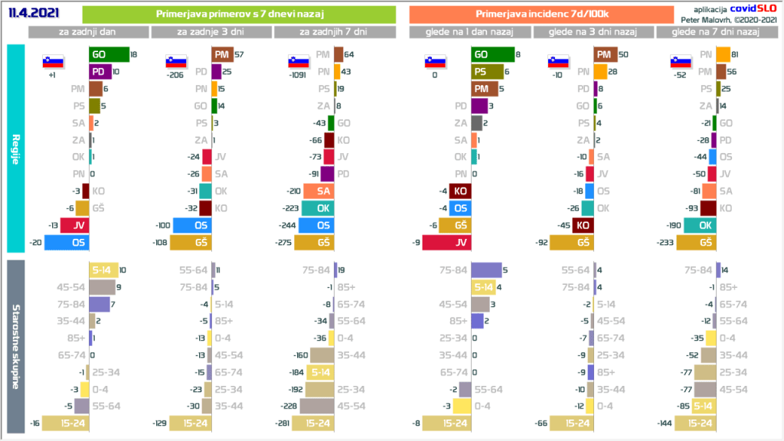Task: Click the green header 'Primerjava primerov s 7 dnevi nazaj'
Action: click(x=238, y=15)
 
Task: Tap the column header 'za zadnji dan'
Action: click(x=89, y=32)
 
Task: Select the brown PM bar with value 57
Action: click(x=221, y=54)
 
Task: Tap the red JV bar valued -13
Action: click(x=74, y=225)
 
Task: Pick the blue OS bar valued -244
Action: click(x=316, y=225)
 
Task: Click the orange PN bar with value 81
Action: click(x=723, y=54)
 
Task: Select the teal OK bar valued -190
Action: click(x=700, y=225)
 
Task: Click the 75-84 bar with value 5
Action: click(x=485, y=270)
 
